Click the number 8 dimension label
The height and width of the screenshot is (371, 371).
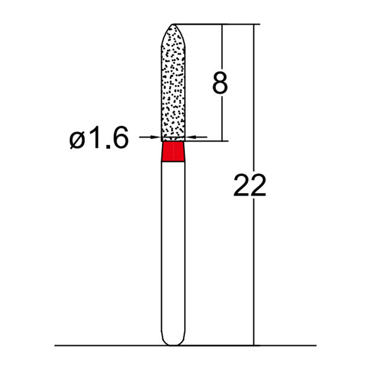tap(220, 83)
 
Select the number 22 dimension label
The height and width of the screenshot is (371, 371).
tap(250, 185)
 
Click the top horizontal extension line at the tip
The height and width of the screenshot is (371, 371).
tap(213, 24)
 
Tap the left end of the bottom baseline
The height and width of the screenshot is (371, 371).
tap(56, 345)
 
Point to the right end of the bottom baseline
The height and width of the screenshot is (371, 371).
tap(315, 345)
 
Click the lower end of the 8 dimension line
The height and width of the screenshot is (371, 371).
tap(223, 140)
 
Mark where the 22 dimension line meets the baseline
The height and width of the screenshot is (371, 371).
tap(254, 345)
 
